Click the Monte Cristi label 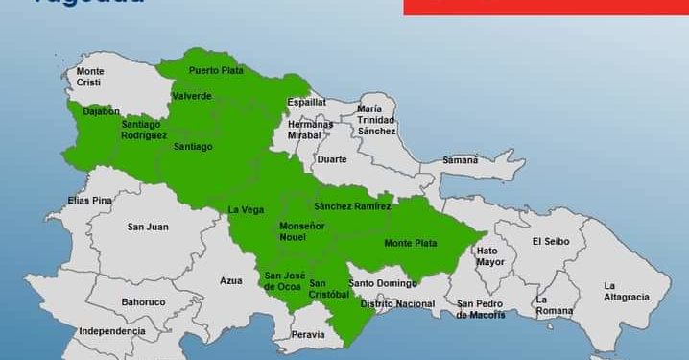[x=90, y=77]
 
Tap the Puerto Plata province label [x=215, y=70]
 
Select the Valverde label [x=192, y=96]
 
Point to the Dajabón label [x=101, y=111]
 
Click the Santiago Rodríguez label [x=144, y=130]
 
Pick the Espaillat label [x=307, y=102]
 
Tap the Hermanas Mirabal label [x=310, y=130]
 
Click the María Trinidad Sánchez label [x=376, y=120]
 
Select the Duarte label [x=332, y=159]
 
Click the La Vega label [x=246, y=210]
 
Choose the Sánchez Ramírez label [x=352, y=206]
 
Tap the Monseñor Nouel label [x=301, y=231]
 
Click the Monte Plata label [x=411, y=243]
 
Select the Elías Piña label [x=90, y=200]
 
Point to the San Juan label [x=148, y=227]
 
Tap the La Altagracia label [x=626, y=291]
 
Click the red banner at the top [x=545, y=7]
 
